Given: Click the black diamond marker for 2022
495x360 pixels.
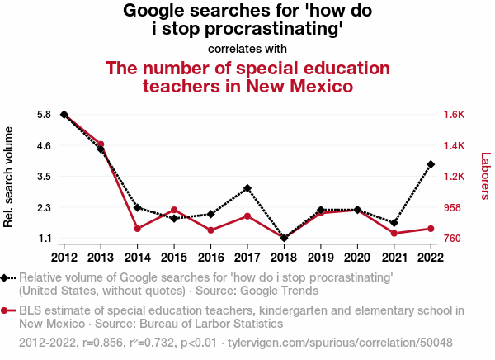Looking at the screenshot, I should pyautogui.click(x=431, y=164).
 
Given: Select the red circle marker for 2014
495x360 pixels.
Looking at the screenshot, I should pyautogui.click(x=137, y=229).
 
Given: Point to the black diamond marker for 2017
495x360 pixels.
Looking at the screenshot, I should pyautogui.click(x=247, y=188).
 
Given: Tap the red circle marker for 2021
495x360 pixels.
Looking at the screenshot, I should pyautogui.click(x=394, y=234).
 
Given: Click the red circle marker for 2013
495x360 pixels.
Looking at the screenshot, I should pyautogui.click(x=101, y=144).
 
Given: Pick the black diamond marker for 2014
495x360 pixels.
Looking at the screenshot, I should pyautogui.click(x=137, y=207).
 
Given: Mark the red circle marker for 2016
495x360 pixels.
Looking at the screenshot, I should pyautogui.click(x=210, y=230).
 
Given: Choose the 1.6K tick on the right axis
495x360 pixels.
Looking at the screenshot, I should pyautogui.click(x=455, y=115).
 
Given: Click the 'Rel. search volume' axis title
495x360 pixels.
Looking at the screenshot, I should pyautogui.click(x=10, y=177).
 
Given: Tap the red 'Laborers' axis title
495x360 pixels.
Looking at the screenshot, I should pyautogui.click(x=485, y=176).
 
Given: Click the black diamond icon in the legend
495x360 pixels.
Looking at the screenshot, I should pyautogui.click(x=7, y=278).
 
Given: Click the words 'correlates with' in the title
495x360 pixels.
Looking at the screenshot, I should pyautogui.click(x=247, y=48).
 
